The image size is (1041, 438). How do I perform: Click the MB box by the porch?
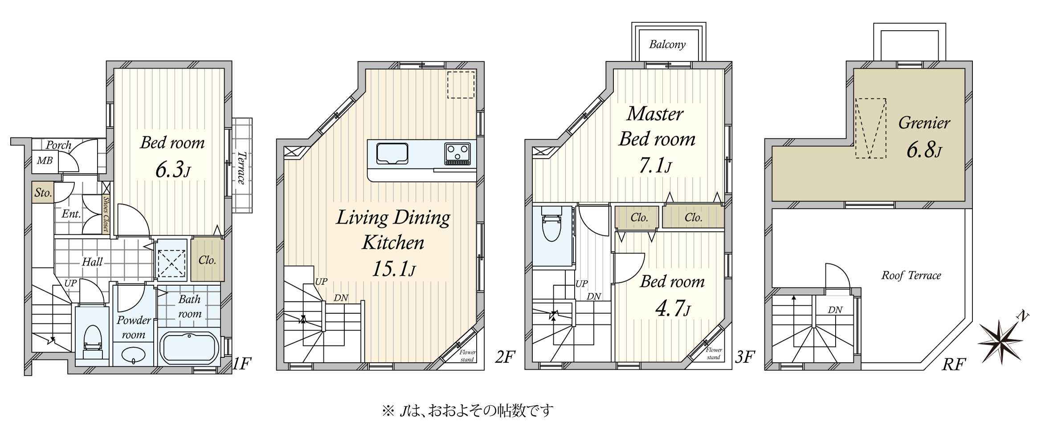point(45,161)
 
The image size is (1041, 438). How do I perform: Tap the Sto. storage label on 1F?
point(43,193)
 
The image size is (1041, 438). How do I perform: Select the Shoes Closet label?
point(106,215)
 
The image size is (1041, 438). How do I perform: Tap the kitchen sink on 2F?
point(392,154)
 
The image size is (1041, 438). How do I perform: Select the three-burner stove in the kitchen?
point(457,154)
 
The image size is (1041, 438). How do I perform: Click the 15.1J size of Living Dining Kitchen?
point(394,269)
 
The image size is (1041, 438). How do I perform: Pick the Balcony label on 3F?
point(667,44)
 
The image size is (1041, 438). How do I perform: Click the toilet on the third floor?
point(551,227)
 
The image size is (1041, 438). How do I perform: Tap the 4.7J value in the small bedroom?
point(672,308)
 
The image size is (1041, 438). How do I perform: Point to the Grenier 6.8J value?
point(924,150)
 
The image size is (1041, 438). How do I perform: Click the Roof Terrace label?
point(911,276)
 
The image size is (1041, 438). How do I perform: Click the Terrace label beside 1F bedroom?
point(241,168)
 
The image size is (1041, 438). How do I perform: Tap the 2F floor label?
point(505,357)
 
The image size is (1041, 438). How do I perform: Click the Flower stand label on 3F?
point(714,353)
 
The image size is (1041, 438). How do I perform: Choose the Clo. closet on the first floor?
point(207,260)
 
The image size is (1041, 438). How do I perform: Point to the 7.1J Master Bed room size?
point(655,166)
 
